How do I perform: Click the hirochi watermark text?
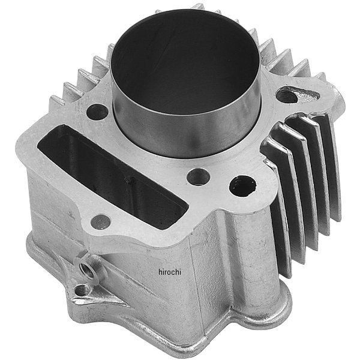pos(170,272)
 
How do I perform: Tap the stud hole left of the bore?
pos(97,112)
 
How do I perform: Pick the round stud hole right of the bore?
pos(287,95)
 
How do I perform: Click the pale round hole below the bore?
pos(199,177)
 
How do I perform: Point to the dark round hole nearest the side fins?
pos(243,186)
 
